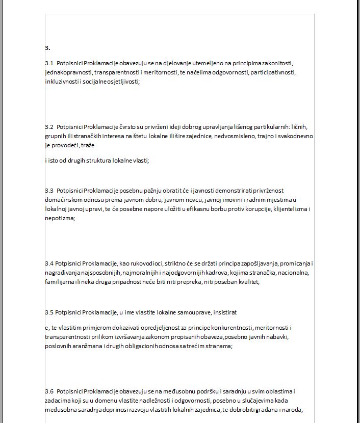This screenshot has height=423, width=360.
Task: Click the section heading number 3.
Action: coord(47,48)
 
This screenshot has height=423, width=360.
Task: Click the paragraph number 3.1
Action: coord(49,64)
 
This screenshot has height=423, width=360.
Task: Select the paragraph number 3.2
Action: coord(49,126)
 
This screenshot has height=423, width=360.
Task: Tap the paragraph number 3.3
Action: coord(49,190)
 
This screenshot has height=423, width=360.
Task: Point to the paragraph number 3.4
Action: coord(49,263)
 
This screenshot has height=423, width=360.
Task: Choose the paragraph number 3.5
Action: coord(49,311)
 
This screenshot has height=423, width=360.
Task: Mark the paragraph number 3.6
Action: coord(49,391)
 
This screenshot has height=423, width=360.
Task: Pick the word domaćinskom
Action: coord(64,199)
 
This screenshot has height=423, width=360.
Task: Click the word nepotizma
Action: coord(59,218)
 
